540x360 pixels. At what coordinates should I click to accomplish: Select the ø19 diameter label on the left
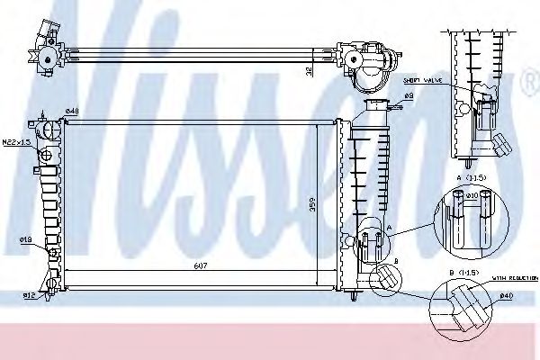(27, 238)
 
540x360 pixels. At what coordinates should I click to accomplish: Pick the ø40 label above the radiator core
(71, 112)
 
